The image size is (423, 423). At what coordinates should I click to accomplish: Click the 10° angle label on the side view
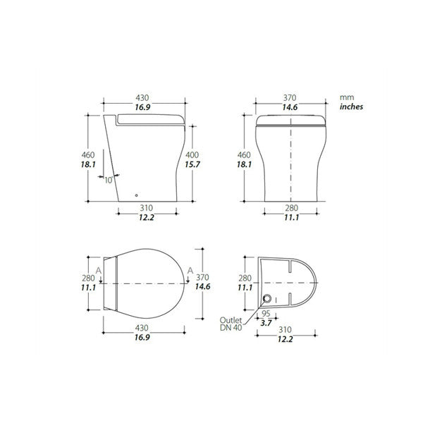(x=108, y=180)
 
